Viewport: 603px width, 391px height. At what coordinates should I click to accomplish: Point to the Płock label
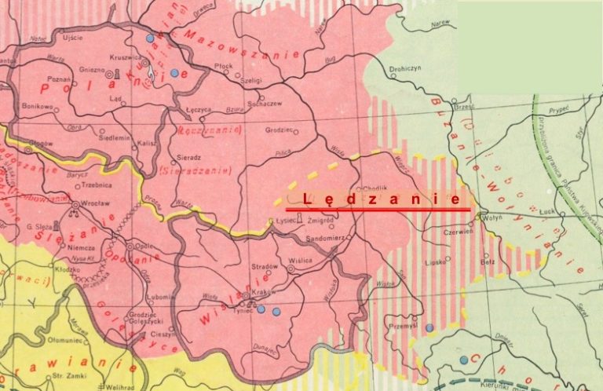click(x=223, y=67)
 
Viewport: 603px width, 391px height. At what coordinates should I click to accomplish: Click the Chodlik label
click(x=373, y=188)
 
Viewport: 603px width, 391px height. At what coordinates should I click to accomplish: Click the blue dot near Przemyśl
click(x=429, y=327)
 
